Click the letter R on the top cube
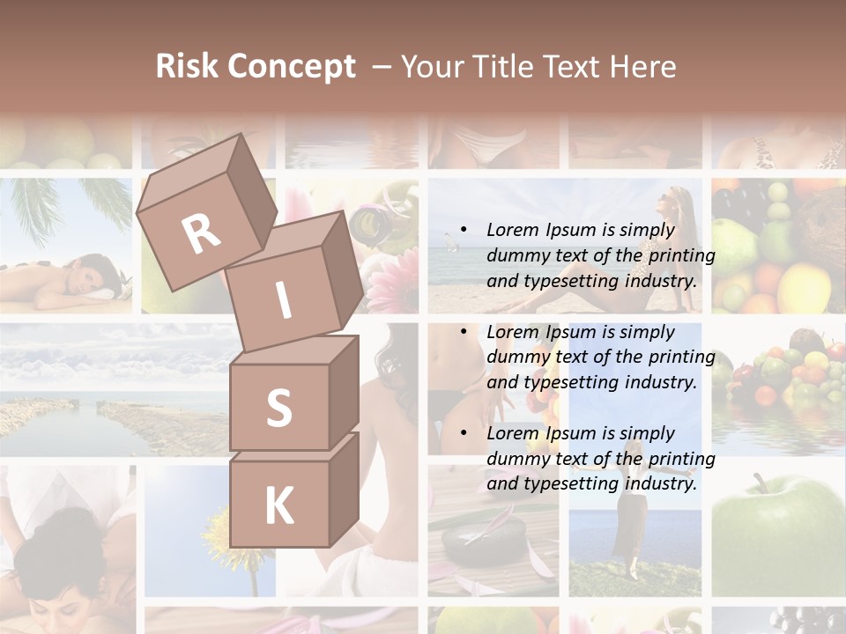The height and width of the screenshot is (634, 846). click(x=201, y=234)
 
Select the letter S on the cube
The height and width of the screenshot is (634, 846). click(x=278, y=409)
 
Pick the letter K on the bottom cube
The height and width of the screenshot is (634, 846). click(x=278, y=505)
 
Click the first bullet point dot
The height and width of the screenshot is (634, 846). click(x=464, y=231)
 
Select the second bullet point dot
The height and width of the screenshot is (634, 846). click(x=464, y=333)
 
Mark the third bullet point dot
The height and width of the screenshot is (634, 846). click(x=464, y=434)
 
